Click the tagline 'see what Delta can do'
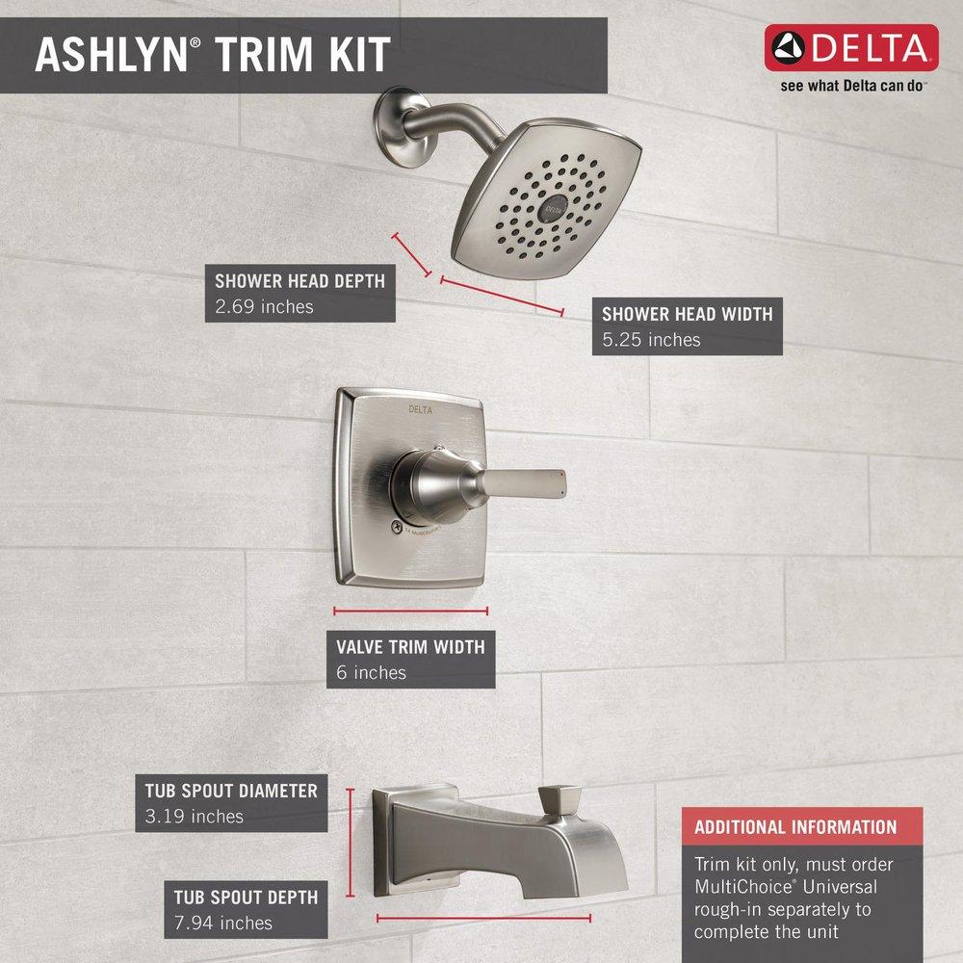[x=851, y=86]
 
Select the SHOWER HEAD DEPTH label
[x=299, y=281]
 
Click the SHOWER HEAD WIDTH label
[x=687, y=314]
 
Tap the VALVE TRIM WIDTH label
[x=410, y=646]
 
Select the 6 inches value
[x=372, y=672]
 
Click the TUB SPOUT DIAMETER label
[x=231, y=791]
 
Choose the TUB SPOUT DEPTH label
[x=246, y=897]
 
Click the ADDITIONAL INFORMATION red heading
[x=795, y=826]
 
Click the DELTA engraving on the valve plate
[x=421, y=409]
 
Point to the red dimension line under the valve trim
[x=411, y=611]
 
